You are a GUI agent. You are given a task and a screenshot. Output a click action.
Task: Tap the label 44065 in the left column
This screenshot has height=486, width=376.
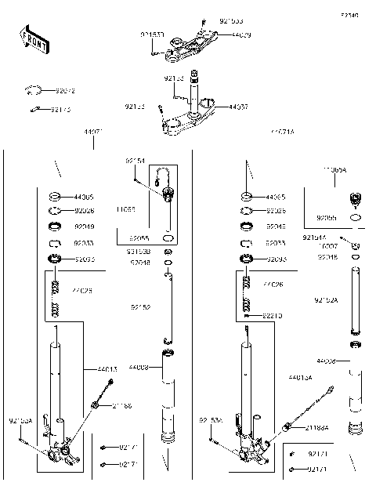pos(83,198)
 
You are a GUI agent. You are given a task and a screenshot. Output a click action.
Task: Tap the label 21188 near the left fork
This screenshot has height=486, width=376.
pos(122,406)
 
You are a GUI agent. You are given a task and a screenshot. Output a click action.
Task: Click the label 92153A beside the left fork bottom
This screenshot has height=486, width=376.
pos(20,421)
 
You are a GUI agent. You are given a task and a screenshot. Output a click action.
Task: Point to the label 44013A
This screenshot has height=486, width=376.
pos(299,377)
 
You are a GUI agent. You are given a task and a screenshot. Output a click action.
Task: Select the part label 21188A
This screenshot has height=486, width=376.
pos(316,428)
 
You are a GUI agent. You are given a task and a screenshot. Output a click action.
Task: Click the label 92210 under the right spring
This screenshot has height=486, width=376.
pos(273,315)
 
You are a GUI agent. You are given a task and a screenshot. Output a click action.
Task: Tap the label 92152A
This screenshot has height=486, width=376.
pos(326,300)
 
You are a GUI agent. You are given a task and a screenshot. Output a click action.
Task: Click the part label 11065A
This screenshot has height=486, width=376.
pos(334,169)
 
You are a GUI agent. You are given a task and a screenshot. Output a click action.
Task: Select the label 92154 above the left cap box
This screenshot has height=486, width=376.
pos(135,161)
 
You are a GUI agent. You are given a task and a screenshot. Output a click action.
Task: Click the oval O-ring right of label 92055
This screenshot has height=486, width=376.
pos(168,236)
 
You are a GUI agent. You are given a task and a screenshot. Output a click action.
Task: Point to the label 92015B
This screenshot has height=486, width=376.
pos(139,252)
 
